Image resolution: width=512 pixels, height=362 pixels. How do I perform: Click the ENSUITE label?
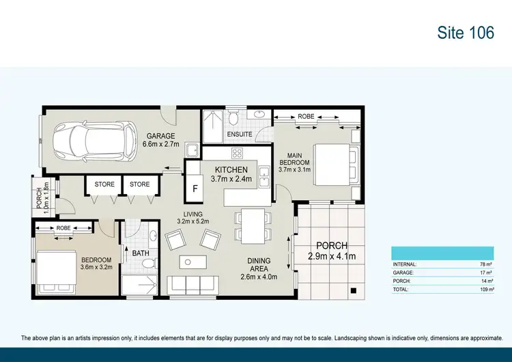click(240, 135)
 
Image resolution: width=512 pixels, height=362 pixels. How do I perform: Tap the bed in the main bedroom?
click(334, 164)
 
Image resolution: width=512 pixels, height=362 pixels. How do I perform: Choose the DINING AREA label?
click(259, 265)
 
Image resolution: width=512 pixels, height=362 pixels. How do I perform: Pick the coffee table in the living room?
click(193, 262)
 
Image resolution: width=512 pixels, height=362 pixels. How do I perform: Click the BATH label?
click(141, 253)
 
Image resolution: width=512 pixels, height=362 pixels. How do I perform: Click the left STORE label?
click(104, 184)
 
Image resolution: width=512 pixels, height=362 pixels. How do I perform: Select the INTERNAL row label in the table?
click(405, 264)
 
